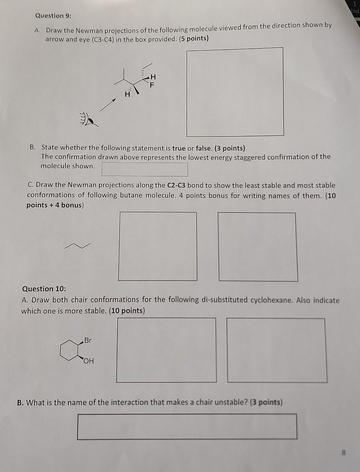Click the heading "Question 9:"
coord(53,16)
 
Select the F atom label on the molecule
coord(152,85)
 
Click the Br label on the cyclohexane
coord(88,340)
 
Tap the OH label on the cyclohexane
coord(89,361)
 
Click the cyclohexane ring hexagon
coord(69,350)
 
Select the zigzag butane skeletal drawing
coord(77,246)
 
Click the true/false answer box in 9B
coord(144,169)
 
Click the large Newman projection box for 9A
coord(235,92)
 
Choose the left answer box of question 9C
coord(157,246)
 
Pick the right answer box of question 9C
coord(258,247)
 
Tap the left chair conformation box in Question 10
coord(166,350)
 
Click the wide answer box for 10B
coord(187,426)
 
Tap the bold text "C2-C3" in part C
coord(176,185)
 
